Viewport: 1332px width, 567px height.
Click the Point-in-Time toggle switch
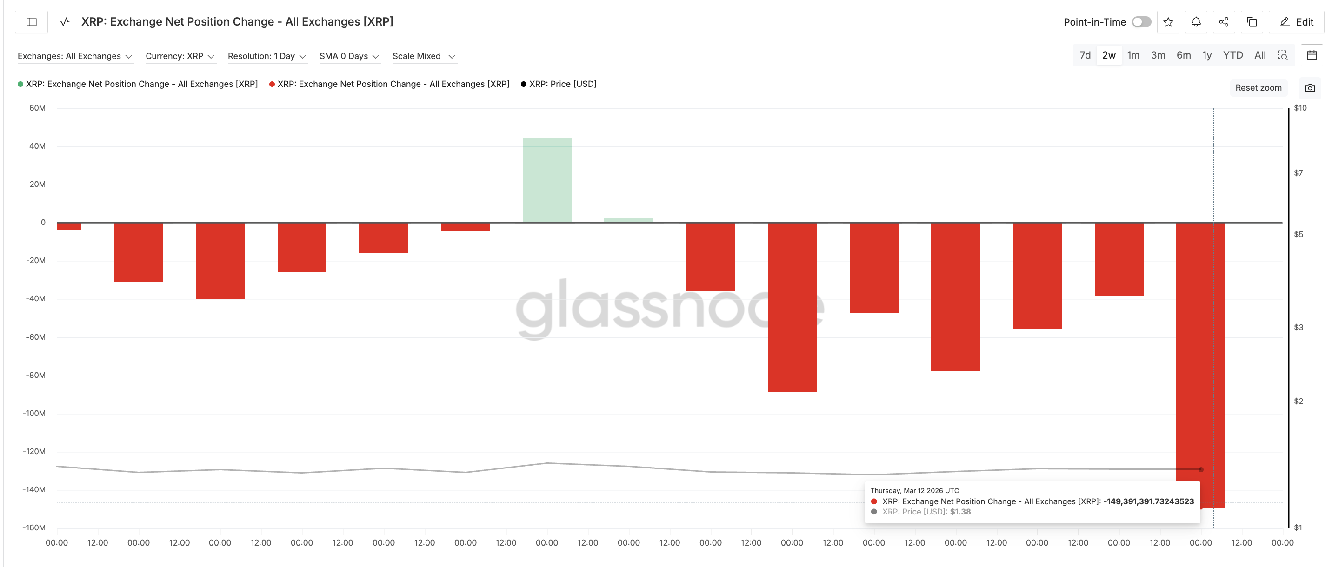[x=1141, y=22]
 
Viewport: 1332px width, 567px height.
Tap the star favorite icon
[x=1168, y=22]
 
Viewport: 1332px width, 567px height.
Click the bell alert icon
[x=1196, y=22]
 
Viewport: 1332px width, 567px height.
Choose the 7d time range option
[x=1085, y=55]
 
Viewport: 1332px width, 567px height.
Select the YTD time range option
[x=1233, y=55]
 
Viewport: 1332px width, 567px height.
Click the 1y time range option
[x=1207, y=55]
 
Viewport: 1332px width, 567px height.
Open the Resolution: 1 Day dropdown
[x=267, y=56]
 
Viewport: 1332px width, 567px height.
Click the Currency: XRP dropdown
[x=180, y=56]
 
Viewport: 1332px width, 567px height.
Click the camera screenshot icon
[x=1310, y=88]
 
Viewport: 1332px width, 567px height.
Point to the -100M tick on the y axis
[x=34, y=413]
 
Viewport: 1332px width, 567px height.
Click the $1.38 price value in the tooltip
[x=960, y=512]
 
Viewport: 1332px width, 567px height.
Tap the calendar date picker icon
[x=1312, y=55]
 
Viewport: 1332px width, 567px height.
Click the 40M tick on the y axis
[x=37, y=146]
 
